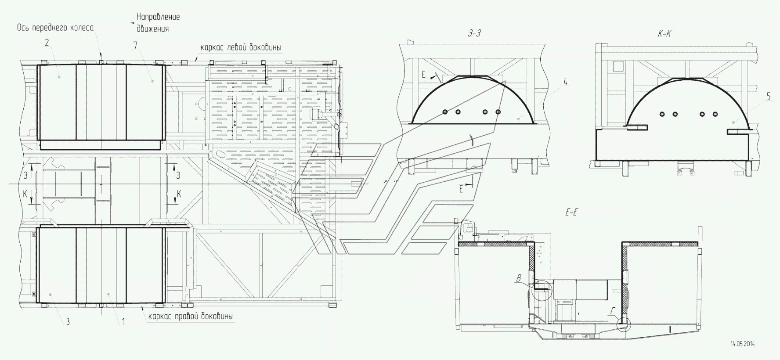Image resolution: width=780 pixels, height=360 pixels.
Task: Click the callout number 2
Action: pyautogui.click(x=46, y=43)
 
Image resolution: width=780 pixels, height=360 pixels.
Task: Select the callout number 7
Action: pyautogui.click(x=136, y=45)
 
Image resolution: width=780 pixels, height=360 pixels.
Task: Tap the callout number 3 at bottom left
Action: pyautogui.click(x=68, y=322)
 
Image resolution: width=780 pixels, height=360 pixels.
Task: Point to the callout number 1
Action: pyautogui.click(x=123, y=322)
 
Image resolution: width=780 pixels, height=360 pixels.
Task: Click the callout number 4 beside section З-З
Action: pyautogui.click(x=566, y=82)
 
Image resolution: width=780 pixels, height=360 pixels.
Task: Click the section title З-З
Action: pyautogui.click(x=475, y=33)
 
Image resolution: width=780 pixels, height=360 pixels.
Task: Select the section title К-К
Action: pyautogui.click(x=664, y=33)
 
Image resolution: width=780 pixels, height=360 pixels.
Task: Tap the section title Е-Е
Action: pyautogui.click(x=571, y=212)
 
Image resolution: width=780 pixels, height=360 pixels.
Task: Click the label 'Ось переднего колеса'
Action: pyautogui.click(x=55, y=28)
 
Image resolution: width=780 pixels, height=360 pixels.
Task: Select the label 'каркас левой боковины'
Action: pyautogui.click(x=241, y=47)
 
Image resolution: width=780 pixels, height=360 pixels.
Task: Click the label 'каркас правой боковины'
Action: pyautogui.click(x=190, y=316)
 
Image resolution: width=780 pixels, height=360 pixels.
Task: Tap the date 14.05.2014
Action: pyautogui.click(x=745, y=344)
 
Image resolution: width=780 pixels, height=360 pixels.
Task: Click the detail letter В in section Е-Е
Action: pyautogui.click(x=519, y=278)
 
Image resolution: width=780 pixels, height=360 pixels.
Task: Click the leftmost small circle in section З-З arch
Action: pyautogui.click(x=445, y=112)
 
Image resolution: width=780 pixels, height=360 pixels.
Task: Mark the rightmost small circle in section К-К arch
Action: pyautogui.click(x=715, y=114)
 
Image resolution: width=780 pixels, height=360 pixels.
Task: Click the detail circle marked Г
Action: pyautogui.click(x=623, y=325)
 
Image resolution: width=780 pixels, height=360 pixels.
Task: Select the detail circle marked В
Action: pyautogui.click(x=540, y=290)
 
